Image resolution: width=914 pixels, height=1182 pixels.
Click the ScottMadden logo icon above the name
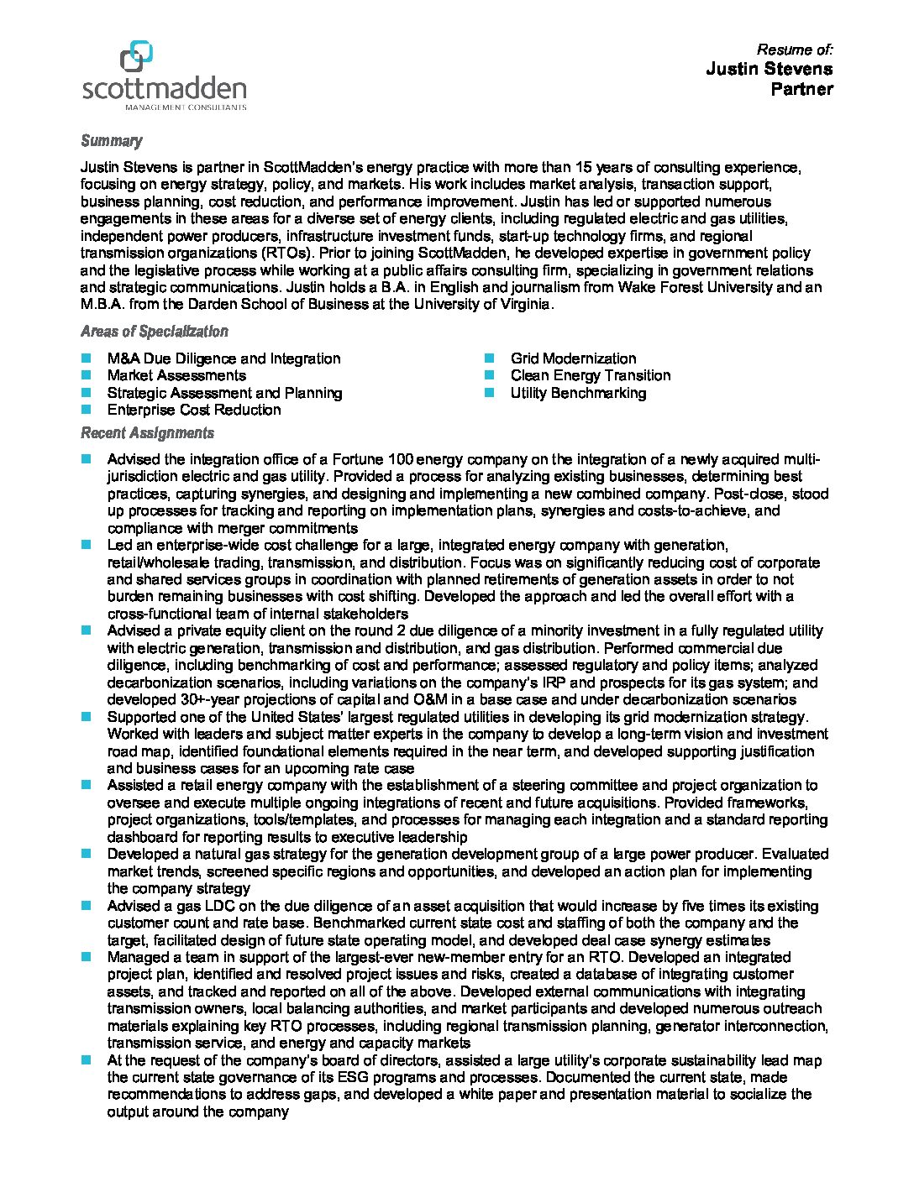pos(137,57)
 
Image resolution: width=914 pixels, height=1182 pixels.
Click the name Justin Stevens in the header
pos(769,69)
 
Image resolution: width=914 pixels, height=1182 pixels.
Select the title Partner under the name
pos(801,89)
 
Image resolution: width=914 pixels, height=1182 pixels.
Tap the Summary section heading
pos(111,141)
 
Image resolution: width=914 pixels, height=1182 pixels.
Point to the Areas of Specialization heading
pos(154,332)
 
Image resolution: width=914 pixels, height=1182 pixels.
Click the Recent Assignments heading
pos(147,433)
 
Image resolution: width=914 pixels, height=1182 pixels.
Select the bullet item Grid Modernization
pos(573,358)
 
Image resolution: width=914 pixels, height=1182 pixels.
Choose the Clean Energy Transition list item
pos(590,375)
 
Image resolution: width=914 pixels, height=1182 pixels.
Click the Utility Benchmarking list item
pos(578,393)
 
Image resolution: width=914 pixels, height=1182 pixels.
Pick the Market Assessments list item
pos(176,375)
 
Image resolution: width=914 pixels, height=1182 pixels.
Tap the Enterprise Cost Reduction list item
pos(194,410)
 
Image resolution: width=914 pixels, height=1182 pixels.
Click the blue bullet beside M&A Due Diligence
pos(86,358)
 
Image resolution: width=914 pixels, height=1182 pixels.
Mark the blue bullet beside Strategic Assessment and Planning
pos(86,393)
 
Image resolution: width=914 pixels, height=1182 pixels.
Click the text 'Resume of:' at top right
pos(795,50)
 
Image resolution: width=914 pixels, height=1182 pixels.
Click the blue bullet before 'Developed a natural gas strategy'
pos(86,854)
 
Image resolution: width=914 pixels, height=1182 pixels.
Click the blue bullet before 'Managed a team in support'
pos(86,957)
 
